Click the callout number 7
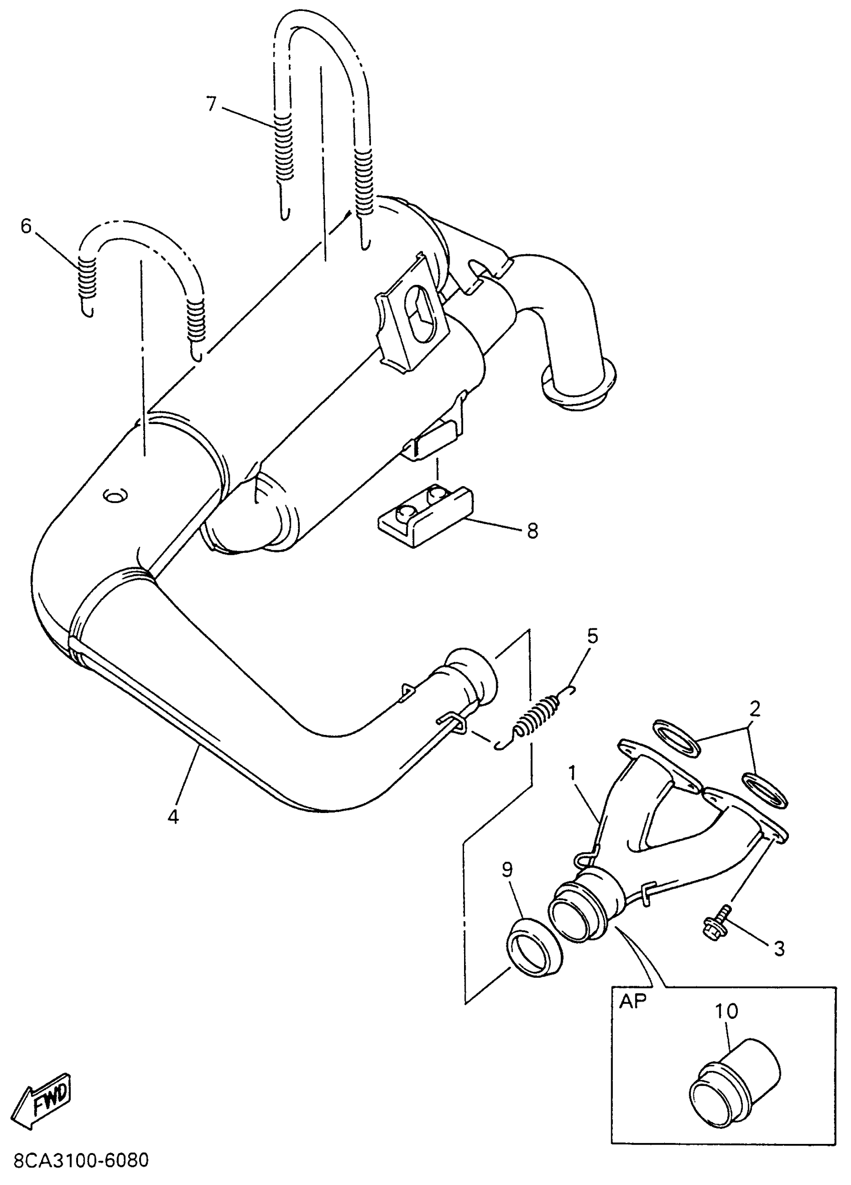point(211,104)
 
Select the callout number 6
point(26,226)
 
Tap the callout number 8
point(532,531)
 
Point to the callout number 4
point(173,816)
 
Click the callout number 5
point(592,636)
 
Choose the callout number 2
point(754,709)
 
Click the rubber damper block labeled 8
point(423,515)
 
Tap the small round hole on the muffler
point(114,494)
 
